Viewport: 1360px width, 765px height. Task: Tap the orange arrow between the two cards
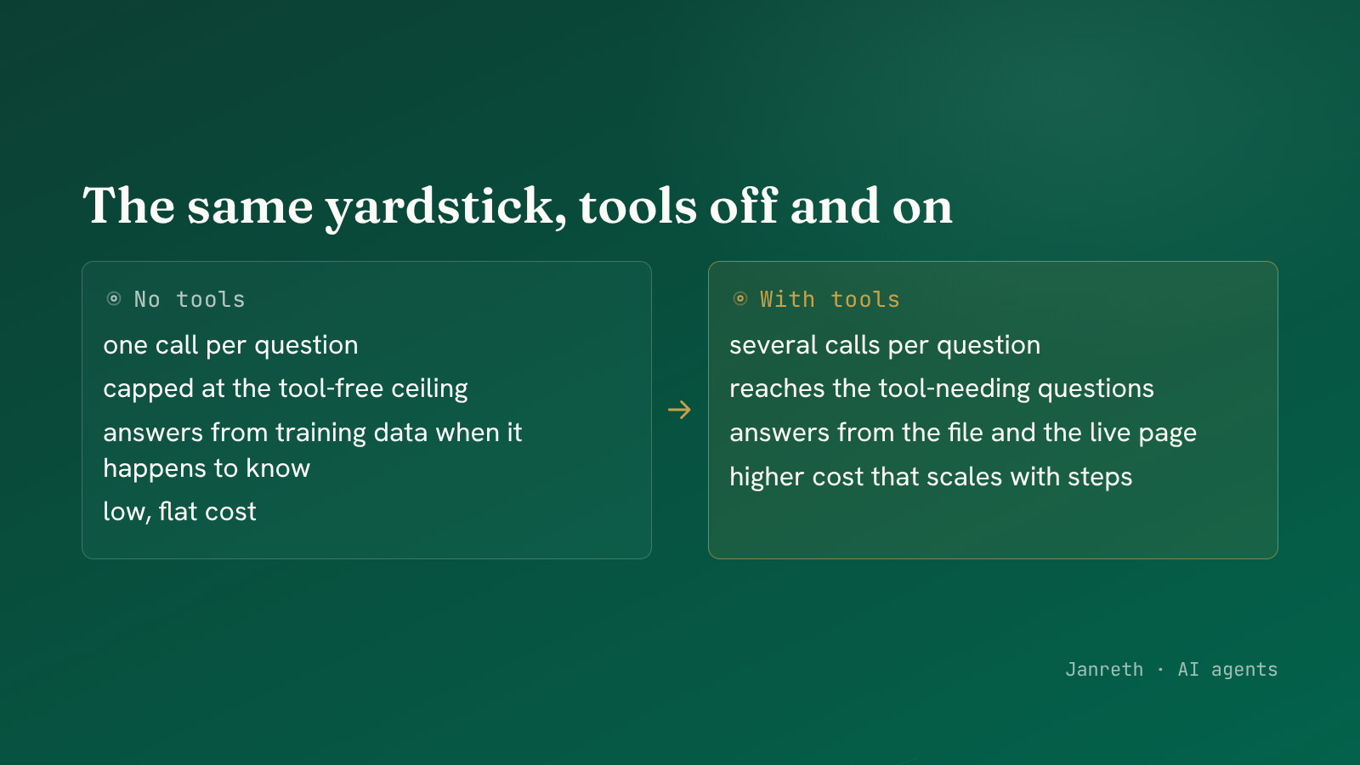point(679,410)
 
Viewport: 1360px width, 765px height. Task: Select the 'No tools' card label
point(190,299)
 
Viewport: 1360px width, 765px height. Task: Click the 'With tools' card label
point(830,299)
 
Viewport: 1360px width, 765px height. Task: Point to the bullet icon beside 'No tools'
point(114,298)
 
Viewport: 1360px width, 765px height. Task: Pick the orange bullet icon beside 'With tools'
point(740,298)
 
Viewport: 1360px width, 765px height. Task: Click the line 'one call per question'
point(230,346)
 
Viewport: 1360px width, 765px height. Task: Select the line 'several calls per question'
point(885,346)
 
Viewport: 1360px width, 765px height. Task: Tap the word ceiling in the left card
point(429,389)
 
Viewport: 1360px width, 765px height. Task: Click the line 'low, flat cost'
point(179,512)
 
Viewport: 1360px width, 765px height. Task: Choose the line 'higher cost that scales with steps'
point(931,477)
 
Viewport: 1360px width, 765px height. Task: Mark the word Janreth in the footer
point(1104,670)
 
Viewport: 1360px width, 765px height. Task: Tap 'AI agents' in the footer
point(1227,670)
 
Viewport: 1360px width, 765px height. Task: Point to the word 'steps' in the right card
point(1100,478)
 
